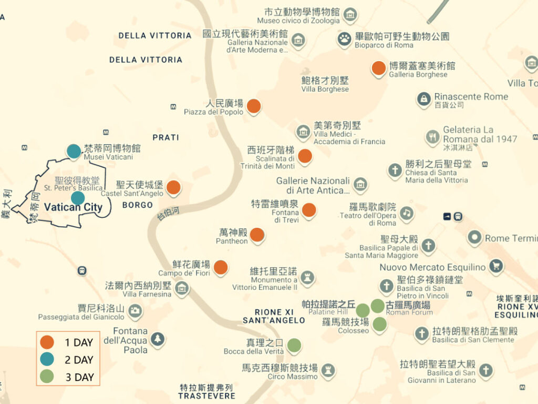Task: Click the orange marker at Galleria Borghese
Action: pos(378,68)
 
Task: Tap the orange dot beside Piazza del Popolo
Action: pos(254,106)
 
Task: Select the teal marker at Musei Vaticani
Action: pos(74,151)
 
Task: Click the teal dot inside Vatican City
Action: pos(78,198)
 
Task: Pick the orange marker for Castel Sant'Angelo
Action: pos(173,187)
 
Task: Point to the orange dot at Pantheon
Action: pos(257,235)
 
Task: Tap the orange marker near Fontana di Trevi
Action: pos(309,210)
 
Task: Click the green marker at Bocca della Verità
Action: pos(294,345)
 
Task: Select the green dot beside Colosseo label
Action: pos(379,324)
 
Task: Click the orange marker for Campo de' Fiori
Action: pos(221,267)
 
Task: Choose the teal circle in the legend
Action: pos(47,359)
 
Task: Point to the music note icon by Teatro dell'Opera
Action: pos(406,213)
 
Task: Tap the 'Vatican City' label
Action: pos(73,207)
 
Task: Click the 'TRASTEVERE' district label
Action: pos(206,396)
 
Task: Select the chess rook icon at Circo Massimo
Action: pos(328,370)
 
